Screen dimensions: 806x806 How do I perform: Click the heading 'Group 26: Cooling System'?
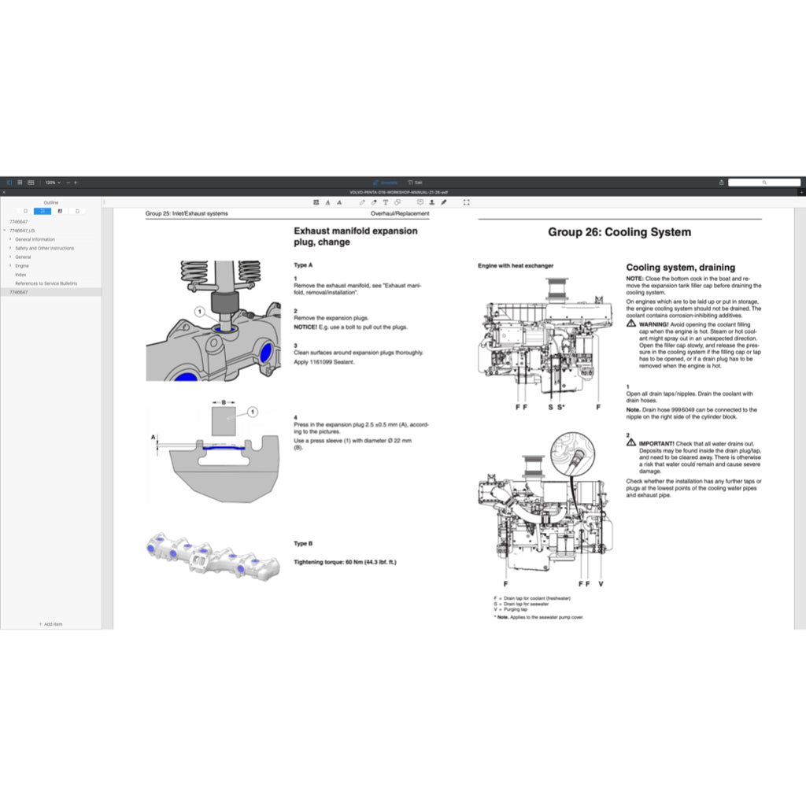tap(619, 232)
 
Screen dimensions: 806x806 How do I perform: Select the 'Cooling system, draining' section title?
tap(680, 268)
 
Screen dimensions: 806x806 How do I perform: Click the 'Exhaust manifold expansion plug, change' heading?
tap(355, 236)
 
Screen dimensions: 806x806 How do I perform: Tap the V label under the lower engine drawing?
tap(601, 584)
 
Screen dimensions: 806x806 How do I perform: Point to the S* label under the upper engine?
tap(561, 407)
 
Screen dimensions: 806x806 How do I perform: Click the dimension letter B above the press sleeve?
tap(224, 402)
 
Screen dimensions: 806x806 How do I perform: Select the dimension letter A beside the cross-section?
tap(153, 436)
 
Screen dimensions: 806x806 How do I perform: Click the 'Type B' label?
tap(303, 544)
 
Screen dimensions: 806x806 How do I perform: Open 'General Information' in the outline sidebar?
tap(35, 239)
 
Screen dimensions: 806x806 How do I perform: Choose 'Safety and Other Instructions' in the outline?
tap(44, 248)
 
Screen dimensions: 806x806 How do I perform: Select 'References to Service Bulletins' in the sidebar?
tap(46, 283)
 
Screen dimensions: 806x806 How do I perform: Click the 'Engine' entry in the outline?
tap(22, 266)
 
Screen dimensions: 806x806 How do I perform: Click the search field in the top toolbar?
tap(763, 183)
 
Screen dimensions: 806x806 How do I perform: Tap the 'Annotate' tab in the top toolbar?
tap(385, 183)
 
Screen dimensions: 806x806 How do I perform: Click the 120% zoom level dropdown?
tap(52, 183)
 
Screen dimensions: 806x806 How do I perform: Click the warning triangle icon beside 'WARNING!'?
tap(631, 324)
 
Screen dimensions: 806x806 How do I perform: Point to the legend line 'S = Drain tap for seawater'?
tap(521, 604)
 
